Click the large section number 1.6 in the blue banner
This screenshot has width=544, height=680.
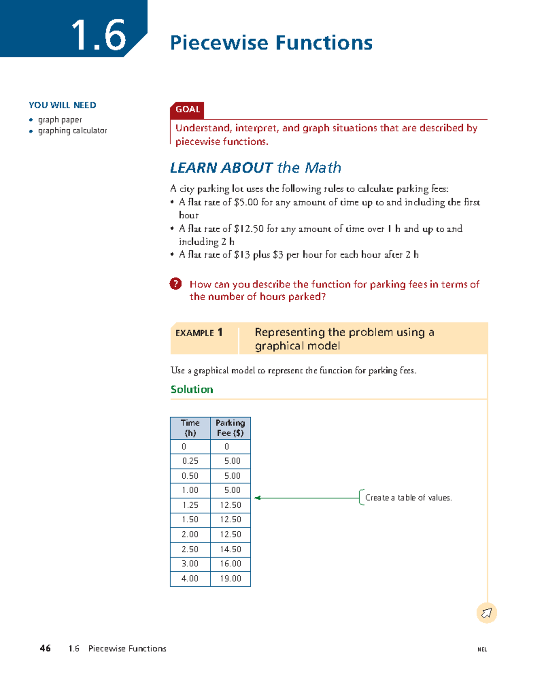pyautogui.click(x=98, y=35)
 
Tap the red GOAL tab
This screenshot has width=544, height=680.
pyautogui.click(x=187, y=109)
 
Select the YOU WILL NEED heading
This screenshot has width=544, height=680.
pyautogui.click(x=63, y=105)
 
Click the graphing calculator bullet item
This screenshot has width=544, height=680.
pyautogui.click(x=73, y=131)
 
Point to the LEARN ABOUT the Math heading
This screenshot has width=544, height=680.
pyautogui.click(x=255, y=168)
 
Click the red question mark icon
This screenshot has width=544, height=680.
pyautogui.click(x=175, y=284)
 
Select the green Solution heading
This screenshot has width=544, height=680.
pyautogui.click(x=192, y=389)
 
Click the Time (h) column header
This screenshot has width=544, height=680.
pyautogui.click(x=190, y=428)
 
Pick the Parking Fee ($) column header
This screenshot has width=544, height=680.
pyautogui.click(x=230, y=428)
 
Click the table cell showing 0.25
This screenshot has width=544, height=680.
pyautogui.click(x=190, y=461)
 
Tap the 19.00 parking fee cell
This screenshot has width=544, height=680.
pyautogui.click(x=230, y=578)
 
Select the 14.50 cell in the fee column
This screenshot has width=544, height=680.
pyautogui.click(x=230, y=549)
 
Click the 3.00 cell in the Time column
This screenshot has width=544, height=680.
pyautogui.click(x=190, y=563)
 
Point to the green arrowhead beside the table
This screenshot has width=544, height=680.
pyautogui.click(x=257, y=498)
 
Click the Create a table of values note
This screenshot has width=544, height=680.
pyautogui.click(x=408, y=498)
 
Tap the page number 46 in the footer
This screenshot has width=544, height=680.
pyautogui.click(x=45, y=648)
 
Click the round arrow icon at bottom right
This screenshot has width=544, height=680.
pyautogui.click(x=486, y=613)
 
